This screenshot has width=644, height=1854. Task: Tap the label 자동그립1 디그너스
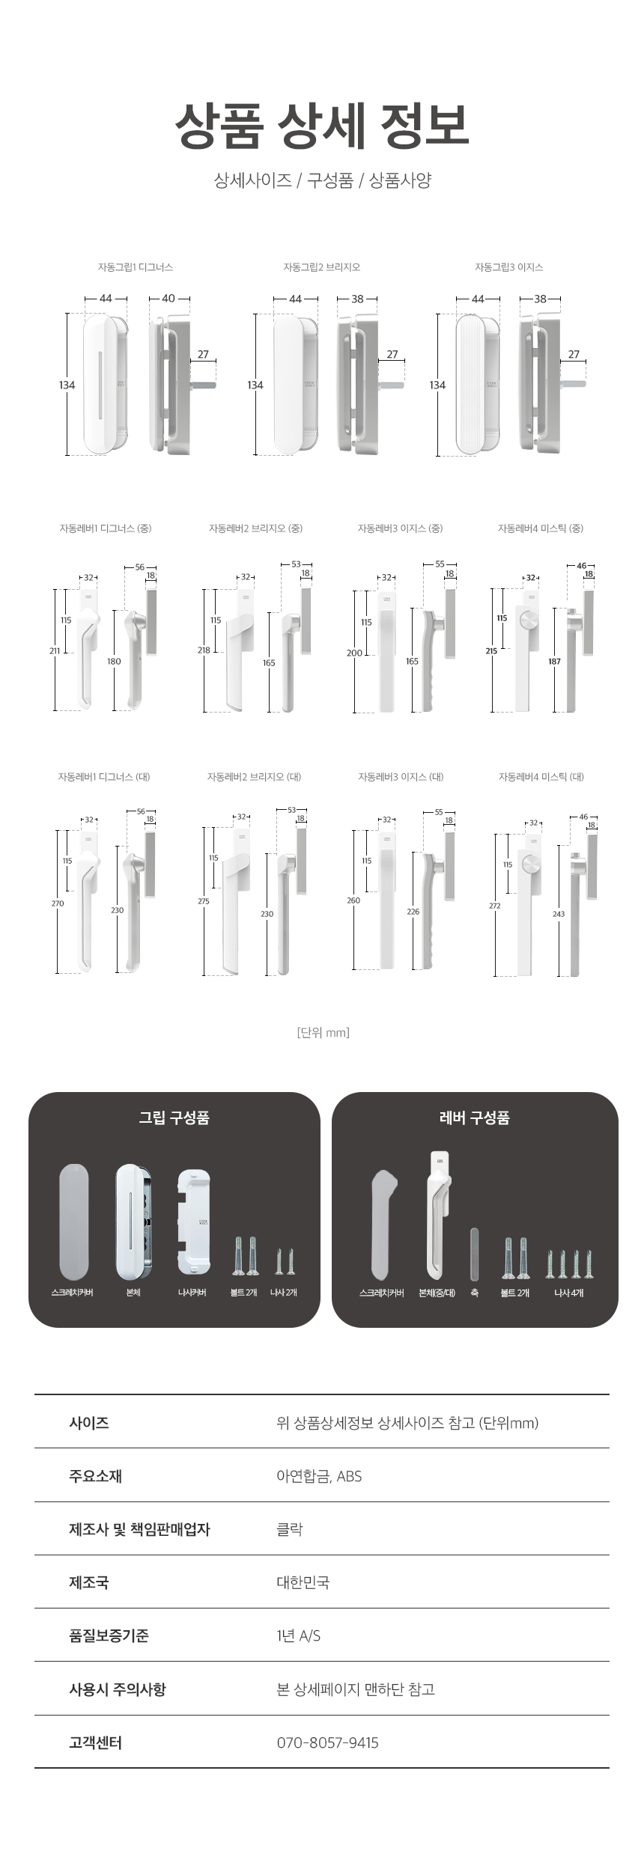(x=135, y=267)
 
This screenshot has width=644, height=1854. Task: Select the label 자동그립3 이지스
(x=508, y=267)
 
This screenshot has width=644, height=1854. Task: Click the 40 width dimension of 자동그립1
(x=168, y=299)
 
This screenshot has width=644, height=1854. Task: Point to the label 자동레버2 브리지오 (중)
(x=255, y=528)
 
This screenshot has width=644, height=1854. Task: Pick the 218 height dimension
(x=204, y=650)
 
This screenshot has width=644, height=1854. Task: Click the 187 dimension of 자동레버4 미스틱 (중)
(x=554, y=662)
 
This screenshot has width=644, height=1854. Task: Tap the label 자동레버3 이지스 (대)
(x=401, y=777)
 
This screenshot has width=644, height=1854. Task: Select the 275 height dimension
(x=204, y=901)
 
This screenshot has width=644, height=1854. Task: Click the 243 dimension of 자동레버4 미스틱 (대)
(x=559, y=914)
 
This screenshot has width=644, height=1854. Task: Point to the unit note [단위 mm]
(x=323, y=1032)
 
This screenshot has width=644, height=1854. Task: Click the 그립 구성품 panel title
(x=174, y=1117)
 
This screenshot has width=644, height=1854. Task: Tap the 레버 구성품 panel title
(x=474, y=1117)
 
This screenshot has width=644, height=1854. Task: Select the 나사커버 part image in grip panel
(x=193, y=1222)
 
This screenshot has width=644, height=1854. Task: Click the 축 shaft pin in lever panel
(x=474, y=1254)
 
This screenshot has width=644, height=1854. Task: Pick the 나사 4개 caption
(x=569, y=1293)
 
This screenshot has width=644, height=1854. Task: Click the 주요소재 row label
(x=95, y=1476)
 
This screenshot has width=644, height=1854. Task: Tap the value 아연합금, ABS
(x=319, y=1476)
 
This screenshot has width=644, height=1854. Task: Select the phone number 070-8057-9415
(x=327, y=1742)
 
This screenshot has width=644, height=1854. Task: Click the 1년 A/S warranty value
(x=298, y=1635)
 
